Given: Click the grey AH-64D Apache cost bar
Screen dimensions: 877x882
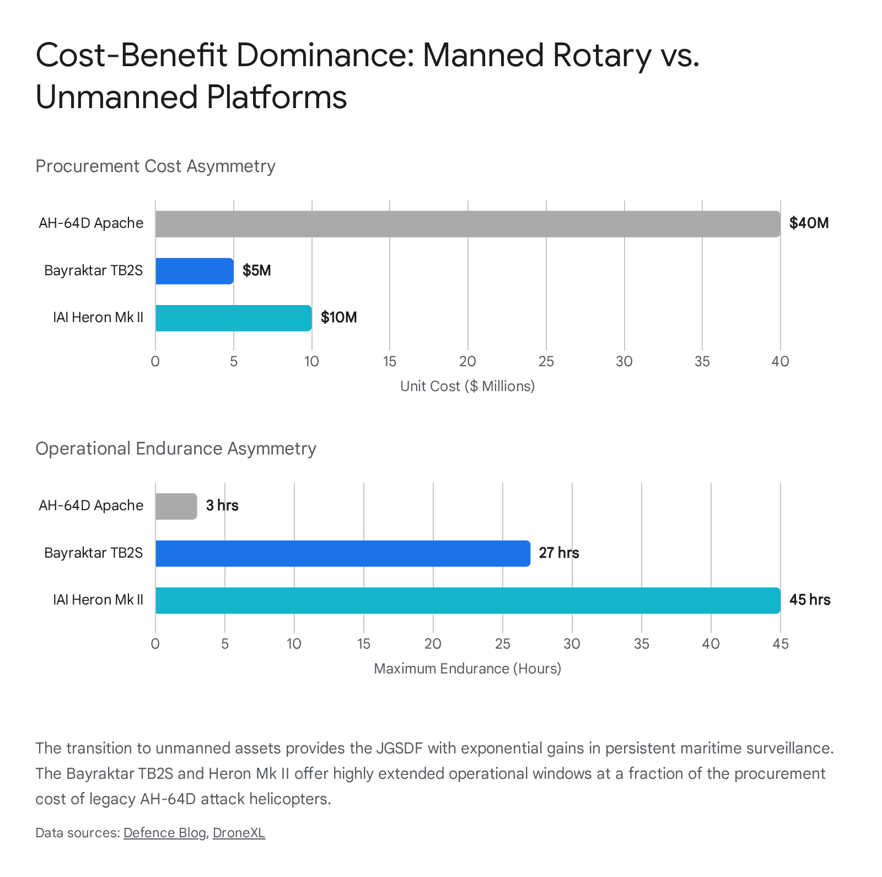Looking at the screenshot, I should (467, 224).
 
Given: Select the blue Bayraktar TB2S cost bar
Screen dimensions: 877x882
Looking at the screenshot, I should (194, 271).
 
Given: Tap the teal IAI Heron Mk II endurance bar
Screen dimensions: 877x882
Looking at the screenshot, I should (467, 600).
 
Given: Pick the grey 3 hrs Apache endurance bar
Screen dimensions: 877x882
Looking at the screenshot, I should (176, 506).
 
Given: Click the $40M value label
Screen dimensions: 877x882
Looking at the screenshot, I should (809, 223).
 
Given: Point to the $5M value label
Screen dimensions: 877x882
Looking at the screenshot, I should (256, 271).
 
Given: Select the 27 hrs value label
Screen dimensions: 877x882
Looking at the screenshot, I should (558, 553).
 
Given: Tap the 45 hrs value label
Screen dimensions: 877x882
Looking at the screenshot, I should (809, 600).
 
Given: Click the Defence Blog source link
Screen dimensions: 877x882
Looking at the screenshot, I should (164, 833).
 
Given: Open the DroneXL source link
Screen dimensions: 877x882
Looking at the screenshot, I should (239, 833).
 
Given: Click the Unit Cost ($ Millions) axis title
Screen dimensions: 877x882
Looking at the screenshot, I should (467, 386).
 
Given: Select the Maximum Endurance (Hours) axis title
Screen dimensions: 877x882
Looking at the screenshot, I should (467, 669).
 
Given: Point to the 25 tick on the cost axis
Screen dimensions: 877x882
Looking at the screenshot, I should (546, 362).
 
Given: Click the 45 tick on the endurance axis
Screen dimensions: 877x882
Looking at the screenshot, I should (781, 644).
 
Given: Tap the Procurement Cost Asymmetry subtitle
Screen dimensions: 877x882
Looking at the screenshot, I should (155, 166).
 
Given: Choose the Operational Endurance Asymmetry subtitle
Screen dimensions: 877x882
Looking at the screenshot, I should (176, 448).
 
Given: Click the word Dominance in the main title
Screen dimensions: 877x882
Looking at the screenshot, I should (325, 55).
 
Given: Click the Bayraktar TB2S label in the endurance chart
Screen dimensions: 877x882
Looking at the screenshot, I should (93, 553).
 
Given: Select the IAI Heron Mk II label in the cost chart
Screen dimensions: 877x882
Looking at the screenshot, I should (98, 318).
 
